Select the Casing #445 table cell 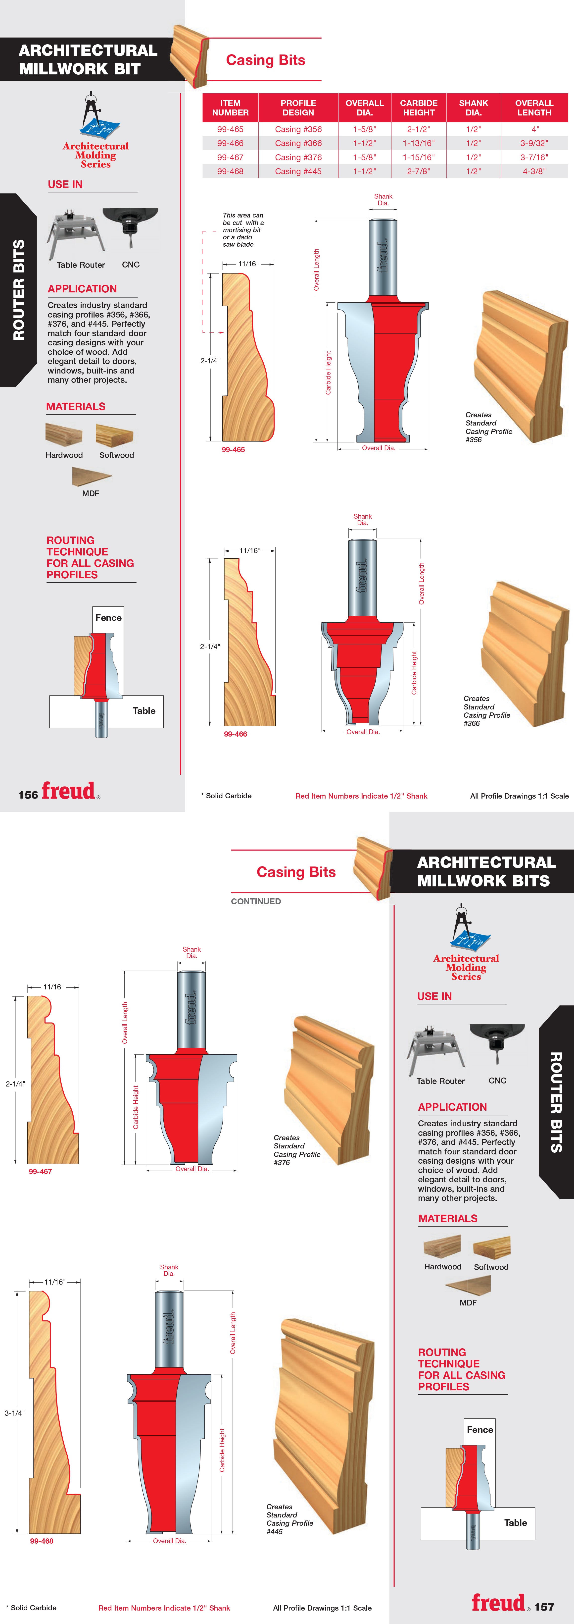[298, 171]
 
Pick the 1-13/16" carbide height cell [418, 143]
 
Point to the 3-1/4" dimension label [14, 1413]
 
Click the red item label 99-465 [233, 449]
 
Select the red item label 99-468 [42, 1541]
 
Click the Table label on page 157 [515, 1522]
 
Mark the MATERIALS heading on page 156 [76, 407]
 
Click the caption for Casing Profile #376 [297, 1150]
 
